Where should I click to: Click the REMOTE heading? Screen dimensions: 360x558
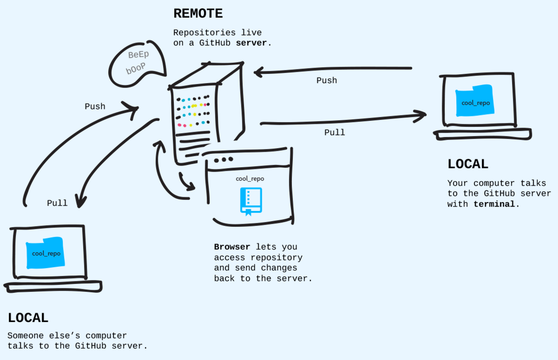[x=198, y=13]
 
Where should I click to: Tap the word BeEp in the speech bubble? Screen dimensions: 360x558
[x=138, y=55]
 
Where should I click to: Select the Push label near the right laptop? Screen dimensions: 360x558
[x=327, y=80]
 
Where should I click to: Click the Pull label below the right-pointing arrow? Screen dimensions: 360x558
[x=335, y=132]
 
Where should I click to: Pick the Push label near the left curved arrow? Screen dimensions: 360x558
[x=95, y=107]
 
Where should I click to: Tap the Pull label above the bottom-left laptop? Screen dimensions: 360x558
[x=57, y=203]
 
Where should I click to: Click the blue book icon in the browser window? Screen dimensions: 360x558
[x=251, y=201]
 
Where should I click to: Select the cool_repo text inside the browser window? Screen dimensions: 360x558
[x=250, y=179]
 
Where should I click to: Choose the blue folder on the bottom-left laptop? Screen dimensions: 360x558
[x=46, y=253]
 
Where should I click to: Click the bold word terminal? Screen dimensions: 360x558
[x=494, y=204]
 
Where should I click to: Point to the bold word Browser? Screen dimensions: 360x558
[x=232, y=247]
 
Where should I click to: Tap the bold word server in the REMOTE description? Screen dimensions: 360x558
[x=251, y=43]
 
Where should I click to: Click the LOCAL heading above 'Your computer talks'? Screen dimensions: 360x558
[x=468, y=164]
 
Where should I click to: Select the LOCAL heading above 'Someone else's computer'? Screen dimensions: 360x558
[x=28, y=318]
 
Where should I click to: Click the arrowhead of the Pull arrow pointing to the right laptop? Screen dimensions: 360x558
[x=420, y=115]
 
